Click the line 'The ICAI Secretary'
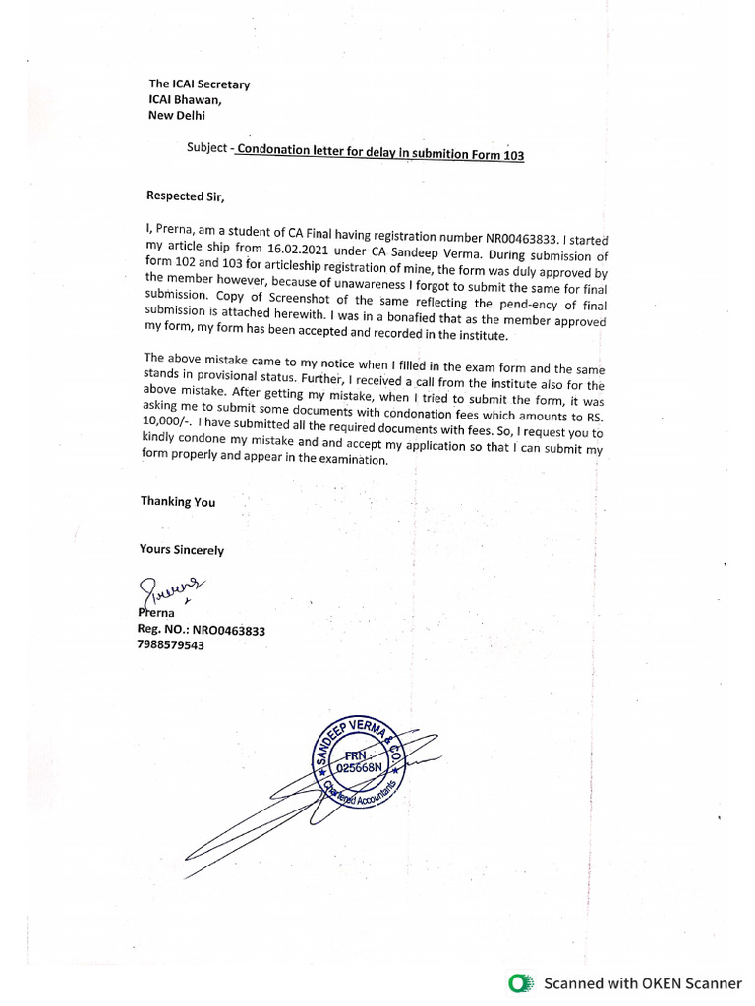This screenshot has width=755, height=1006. tap(199, 84)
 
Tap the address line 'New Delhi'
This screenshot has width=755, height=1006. tap(177, 115)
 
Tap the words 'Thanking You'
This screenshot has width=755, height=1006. tap(178, 501)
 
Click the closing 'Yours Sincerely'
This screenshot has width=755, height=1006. tap(182, 550)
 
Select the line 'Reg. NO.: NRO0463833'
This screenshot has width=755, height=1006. tap(203, 630)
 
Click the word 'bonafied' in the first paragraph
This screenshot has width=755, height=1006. tap(446, 321)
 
